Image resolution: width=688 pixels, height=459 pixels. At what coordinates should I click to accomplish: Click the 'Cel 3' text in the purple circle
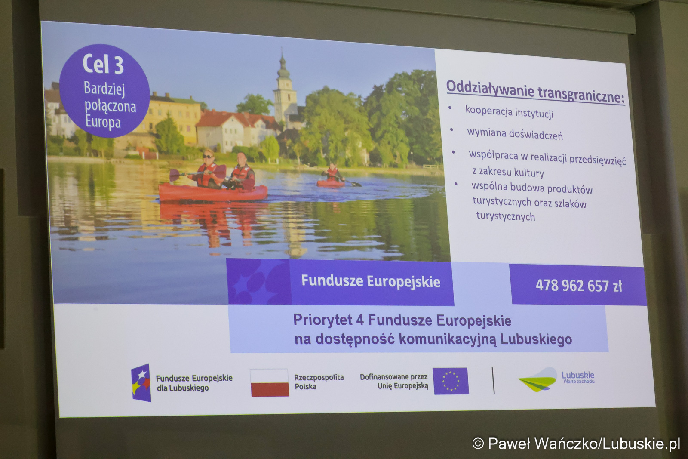coord(103,64)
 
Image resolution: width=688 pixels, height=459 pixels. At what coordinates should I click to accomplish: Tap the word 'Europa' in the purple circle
coord(103,122)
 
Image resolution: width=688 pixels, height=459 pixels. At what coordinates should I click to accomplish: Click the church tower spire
coord(282,60)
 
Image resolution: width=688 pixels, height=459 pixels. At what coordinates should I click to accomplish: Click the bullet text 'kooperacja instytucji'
coord(509,112)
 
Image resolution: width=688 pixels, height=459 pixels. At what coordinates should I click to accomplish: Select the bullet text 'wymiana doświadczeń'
coord(515,134)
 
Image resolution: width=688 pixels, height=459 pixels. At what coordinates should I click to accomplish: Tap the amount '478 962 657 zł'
coord(579,286)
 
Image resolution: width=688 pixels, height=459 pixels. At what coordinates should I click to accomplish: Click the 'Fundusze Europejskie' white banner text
coord(370,281)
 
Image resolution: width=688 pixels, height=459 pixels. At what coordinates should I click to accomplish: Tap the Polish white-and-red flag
coord(270,383)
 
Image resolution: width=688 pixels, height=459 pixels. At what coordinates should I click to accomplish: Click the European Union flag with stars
coord(451,381)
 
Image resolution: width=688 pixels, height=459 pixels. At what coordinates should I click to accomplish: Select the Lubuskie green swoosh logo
coord(538,380)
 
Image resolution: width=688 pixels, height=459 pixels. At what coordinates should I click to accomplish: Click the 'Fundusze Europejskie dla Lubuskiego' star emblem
coord(141,383)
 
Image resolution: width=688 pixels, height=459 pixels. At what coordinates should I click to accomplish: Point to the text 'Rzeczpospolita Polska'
coord(319,382)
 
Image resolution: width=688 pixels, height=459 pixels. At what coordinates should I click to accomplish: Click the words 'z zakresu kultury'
coord(508,172)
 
